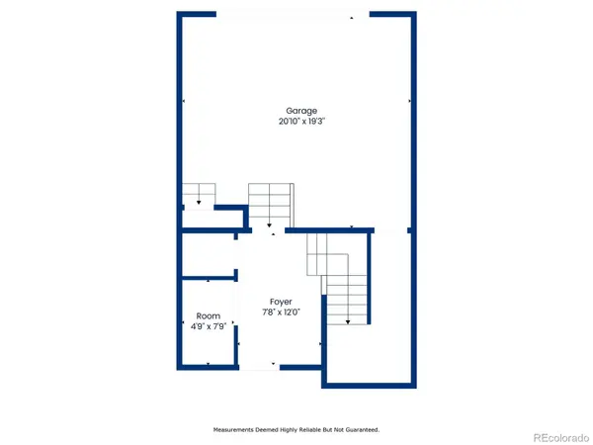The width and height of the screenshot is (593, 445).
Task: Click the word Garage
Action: pyautogui.click(x=301, y=111)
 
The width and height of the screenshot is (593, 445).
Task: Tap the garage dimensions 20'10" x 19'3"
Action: pyautogui.click(x=301, y=122)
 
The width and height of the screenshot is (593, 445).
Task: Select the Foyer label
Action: pyautogui.click(x=282, y=301)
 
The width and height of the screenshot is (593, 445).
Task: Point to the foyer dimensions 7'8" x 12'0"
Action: pyautogui.click(x=282, y=311)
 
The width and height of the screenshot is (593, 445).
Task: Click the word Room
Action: pyautogui.click(x=208, y=316)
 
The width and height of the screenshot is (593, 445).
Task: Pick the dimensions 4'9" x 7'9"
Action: pyautogui.click(x=208, y=326)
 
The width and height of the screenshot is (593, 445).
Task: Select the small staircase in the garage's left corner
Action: pyautogui.click(x=199, y=195)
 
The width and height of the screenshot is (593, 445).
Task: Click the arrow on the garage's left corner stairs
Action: pyautogui.click(x=199, y=203)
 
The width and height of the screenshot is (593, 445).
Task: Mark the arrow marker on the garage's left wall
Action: pyautogui.click(x=184, y=102)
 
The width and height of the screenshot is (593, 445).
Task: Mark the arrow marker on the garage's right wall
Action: pyautogui.click(x=410, y=101)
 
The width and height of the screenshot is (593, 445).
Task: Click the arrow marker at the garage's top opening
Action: pyautogui.click(x=352, y=16)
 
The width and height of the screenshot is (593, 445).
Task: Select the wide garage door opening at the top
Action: pyautogui.click(x=292, y=14)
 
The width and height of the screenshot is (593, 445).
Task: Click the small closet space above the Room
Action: pyautogui.click(x=207, y=254)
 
